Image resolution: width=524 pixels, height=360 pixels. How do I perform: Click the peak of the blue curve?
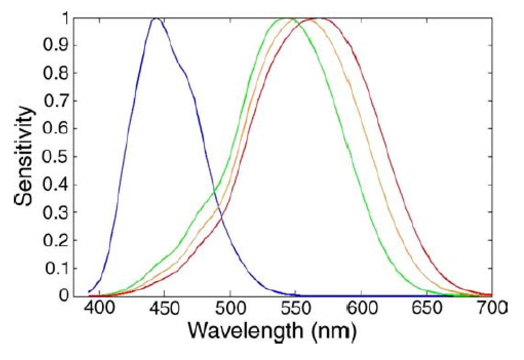(156, 19)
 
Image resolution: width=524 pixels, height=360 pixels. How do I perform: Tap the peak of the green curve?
(283, 19)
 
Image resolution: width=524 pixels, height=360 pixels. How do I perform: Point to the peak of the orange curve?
(292, 19)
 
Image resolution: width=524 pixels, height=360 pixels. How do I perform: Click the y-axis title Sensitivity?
(25, 156)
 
